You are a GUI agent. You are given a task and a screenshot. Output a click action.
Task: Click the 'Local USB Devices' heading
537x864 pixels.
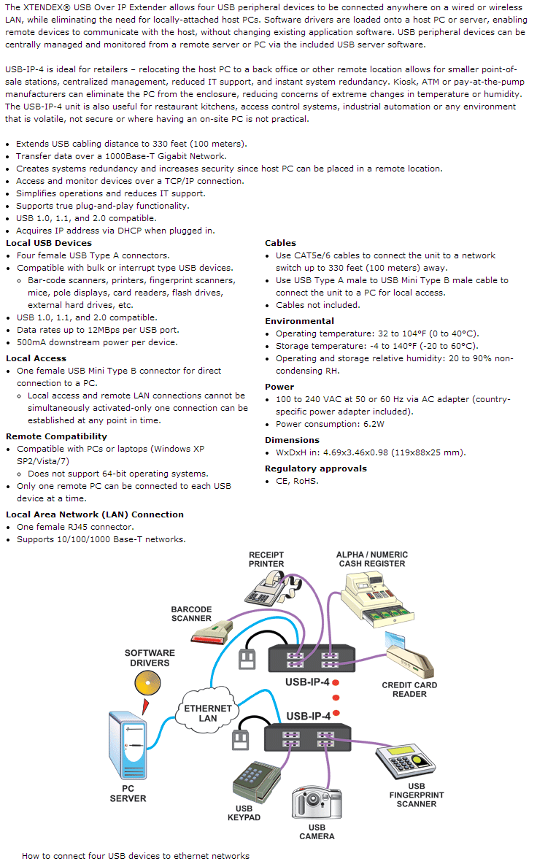[49, 243]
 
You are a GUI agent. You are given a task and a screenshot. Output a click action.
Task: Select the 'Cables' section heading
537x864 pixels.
[280, 243]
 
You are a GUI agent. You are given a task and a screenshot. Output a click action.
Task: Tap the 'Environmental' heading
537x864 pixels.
[299, 321]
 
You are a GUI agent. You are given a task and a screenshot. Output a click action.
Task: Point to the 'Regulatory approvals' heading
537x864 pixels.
[315, 468]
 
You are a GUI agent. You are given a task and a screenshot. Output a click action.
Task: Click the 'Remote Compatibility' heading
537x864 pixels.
[56, 436]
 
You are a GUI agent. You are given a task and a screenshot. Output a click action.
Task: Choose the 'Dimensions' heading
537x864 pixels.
[292, 440]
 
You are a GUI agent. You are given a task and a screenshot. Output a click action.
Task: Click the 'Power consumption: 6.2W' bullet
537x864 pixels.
[330, 424]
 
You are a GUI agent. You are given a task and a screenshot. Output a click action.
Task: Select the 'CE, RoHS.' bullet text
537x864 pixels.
[297, 481]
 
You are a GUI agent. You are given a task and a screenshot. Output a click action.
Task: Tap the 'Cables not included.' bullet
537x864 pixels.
[317, 305]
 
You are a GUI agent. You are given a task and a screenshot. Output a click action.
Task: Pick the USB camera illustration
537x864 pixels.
[316, 802]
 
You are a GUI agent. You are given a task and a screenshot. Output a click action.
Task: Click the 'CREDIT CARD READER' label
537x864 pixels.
[409, 690]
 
